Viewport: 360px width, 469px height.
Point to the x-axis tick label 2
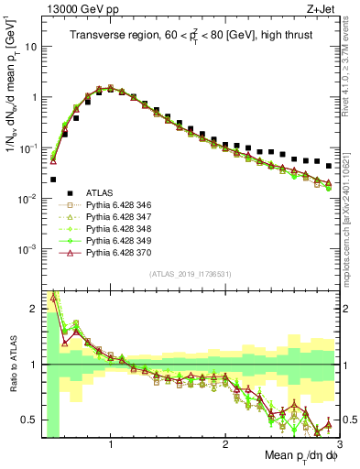225,444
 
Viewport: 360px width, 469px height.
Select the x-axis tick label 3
339,444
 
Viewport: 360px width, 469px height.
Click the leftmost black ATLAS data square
53,180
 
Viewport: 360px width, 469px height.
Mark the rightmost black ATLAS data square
329,166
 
